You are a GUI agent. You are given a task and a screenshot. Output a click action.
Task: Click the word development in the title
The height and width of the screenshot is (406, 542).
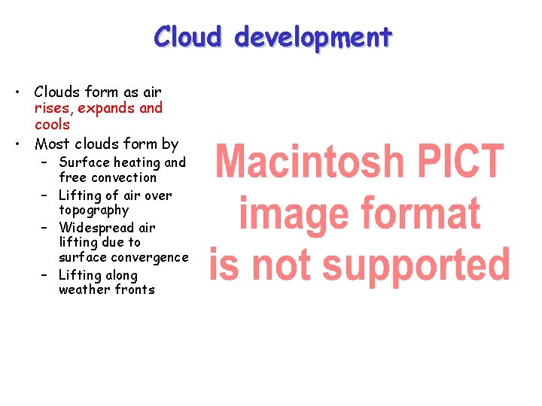pyautogui.click(x=312, y=37)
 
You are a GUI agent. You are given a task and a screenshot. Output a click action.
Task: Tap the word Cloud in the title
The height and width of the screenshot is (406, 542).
pyautogui.click(x=188, y=37)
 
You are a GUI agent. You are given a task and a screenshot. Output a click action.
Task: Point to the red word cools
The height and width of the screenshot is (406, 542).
pyautogui.click(x=52, y=125)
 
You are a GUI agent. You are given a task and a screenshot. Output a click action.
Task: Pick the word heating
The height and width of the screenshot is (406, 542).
pyautogui.click(x=137, y=162)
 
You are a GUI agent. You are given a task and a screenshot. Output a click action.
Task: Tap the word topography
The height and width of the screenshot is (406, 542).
pyautogui.click(x=94, y=211)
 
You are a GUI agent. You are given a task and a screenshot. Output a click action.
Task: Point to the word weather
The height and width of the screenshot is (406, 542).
pyautogui.click(x=83, y=290)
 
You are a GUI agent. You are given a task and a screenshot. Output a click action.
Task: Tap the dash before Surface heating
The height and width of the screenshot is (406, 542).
pyautogui.click(x=44, y=163)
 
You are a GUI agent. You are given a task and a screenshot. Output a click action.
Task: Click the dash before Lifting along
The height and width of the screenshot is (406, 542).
pyautogui.click(x=44, y=276)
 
